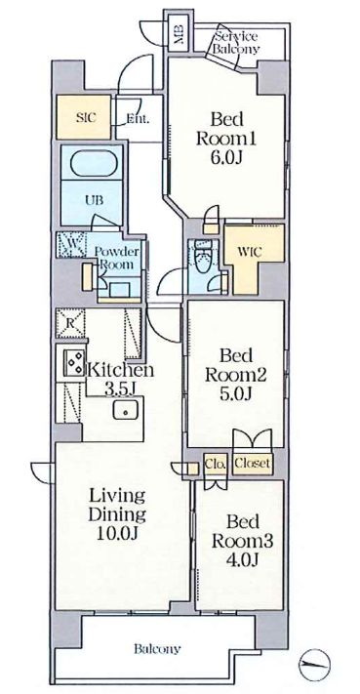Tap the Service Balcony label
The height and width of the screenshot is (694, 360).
click(x=236, y=43)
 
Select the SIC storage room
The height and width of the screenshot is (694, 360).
click(x=83, y=117)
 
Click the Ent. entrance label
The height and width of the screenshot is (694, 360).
click(x=138, y=119)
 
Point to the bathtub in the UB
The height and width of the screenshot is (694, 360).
click(x=93, y=163)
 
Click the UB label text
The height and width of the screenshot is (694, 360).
click(x=94, y=200)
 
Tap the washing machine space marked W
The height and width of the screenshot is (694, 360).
click(x=71, y=245)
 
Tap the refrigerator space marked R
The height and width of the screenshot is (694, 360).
click(x=70, y=323)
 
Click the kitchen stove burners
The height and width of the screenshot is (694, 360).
click(x=74, y=362)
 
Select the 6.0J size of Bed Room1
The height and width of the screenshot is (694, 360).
click(x=226, y=157)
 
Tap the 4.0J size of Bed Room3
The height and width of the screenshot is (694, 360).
click(x=242, y=559)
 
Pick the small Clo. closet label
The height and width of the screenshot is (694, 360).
click(x=217, y=464)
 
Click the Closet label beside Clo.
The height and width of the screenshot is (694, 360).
click(x=252, y=464)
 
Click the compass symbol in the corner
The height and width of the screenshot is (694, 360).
click(x=314, y=665)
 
